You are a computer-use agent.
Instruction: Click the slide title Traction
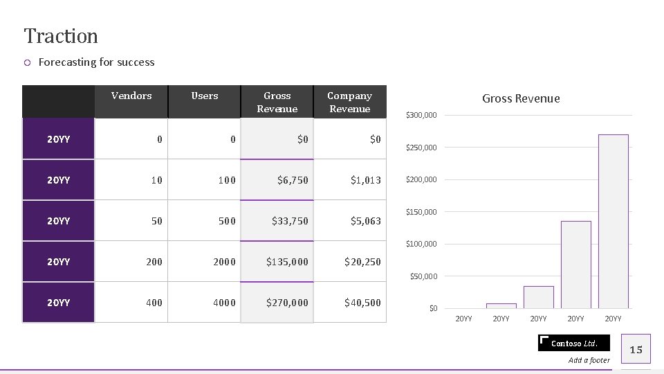pos(61,35)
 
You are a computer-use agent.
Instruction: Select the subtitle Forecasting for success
pos(96,62)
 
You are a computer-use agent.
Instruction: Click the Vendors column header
pos(131,96)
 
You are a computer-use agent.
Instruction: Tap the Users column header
pos(205,96)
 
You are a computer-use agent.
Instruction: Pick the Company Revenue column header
pos(349,102)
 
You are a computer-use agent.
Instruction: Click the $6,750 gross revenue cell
pos(293,180)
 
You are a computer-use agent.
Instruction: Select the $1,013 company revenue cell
pos(365,180)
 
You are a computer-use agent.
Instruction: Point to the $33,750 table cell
pos(290,221)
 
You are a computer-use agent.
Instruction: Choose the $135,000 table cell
pos(287,262)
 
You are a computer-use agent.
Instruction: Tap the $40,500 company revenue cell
pos(362,303)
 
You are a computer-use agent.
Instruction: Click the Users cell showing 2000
pos(224,262)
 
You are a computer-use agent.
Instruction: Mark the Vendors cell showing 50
pos(156,221)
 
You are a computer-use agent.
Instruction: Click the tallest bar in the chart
pos(613,222)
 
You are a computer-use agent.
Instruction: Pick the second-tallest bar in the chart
pos(575,265)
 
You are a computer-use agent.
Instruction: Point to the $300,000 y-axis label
pos(421,115)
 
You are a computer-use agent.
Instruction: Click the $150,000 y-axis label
pos(421,212)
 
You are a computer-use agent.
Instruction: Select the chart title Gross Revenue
pos(521,98)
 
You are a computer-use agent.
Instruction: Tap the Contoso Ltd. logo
pos(573,343)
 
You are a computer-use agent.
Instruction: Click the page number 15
pos(636,350)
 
